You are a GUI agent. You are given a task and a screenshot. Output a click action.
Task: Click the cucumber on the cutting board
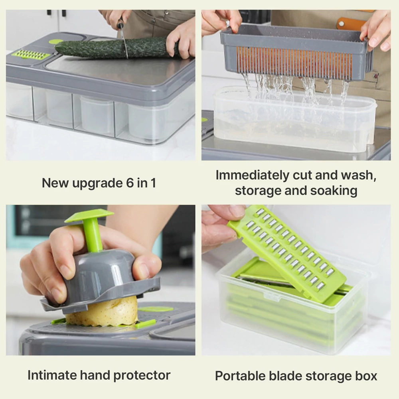(115, 48)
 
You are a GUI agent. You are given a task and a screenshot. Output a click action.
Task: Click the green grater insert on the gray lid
(31, 54)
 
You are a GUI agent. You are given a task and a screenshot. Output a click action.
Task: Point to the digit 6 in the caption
(130, 183)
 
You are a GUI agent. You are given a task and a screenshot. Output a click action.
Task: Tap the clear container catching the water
(295, 119)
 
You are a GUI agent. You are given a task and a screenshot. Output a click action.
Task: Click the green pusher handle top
(89, 216)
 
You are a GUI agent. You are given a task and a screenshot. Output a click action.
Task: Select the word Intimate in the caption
(52, 375)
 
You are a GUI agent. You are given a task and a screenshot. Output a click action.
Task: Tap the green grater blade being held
(288, 252)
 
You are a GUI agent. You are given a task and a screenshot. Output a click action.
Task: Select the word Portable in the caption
(240, 376)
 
